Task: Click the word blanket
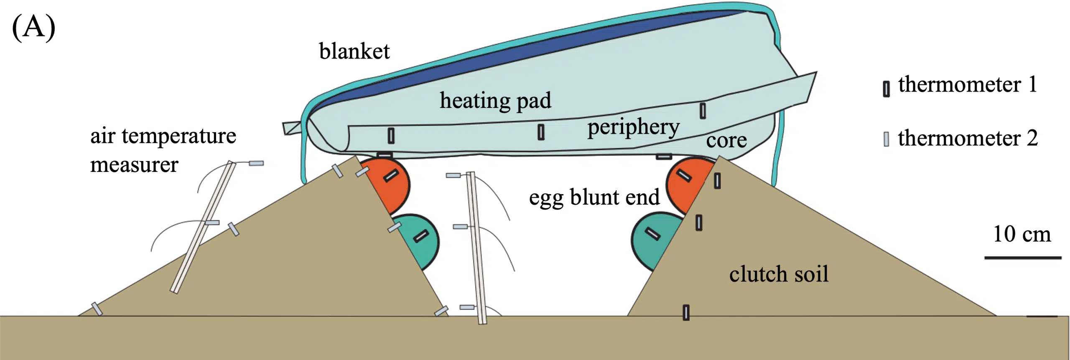click(354, 51)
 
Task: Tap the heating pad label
click(495, 100)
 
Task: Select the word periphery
click(633, 127)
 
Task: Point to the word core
click(726, 140)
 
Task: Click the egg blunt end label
click(594, 197)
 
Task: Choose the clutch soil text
click(779, 274)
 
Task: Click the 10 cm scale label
click(1022, 234)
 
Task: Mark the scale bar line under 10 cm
click(1022, 258)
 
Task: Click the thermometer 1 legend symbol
click(886, 89)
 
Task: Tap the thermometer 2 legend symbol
click(886, 139)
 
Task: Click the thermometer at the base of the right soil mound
click(686, 312)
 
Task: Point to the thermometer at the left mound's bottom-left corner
click(97, 309)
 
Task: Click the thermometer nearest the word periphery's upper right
click(703, 111)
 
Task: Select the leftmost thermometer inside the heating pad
click(391, 135)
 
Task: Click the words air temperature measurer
click(163, 150)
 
